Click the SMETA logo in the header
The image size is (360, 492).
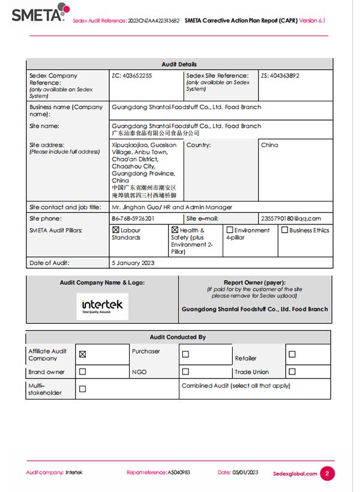[x=38, y=13]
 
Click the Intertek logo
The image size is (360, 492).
[x=102, y=306]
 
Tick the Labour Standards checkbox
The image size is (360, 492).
[x=116, y=230]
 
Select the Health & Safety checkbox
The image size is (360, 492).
[x=175, y=230]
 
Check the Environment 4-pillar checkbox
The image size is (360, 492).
[x=229, y=230]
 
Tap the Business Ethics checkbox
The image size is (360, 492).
[x=284, y=230]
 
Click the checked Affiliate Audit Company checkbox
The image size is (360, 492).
[x=83, y=354]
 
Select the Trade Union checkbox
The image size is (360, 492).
[x=292, y=371]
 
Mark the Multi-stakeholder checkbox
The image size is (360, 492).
[x=83, y=389]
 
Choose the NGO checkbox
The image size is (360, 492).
[x=185, y=371]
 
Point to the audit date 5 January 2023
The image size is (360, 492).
[x=133, y=263]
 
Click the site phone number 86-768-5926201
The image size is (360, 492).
[x=133, y=218]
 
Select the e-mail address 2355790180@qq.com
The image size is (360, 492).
[x=291, y=218]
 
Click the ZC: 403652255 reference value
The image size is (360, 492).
[x=132, y=76]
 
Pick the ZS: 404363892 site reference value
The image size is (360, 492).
[x=280, y=76]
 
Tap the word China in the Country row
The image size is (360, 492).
[x=269, y=145]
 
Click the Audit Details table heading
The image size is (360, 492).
[x=179, y=64]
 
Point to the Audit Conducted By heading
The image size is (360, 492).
[x=178, y=337]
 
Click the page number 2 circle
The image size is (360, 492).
[x=327, y=473]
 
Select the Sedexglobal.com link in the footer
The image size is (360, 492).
[x=295, y=473]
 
